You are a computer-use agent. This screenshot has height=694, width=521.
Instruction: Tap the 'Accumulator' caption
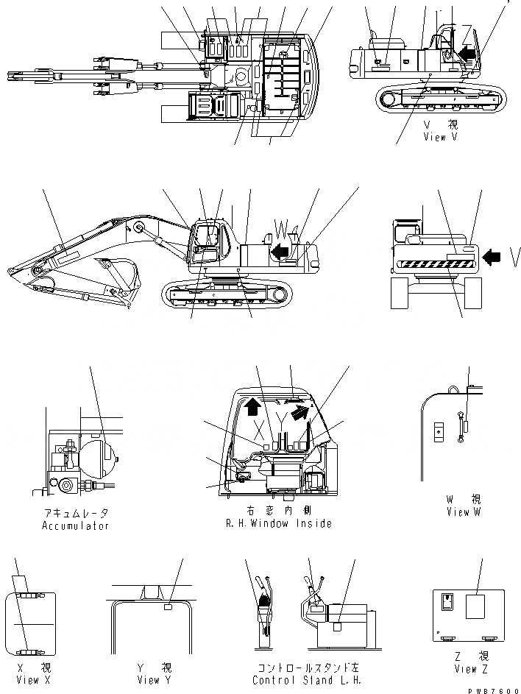click(77, 525)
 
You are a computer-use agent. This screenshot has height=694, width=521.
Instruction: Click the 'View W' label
click(464, 511)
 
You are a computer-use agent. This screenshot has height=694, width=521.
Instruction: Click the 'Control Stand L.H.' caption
click(307, 680)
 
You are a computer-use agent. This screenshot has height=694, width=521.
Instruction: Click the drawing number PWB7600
click(497, 690)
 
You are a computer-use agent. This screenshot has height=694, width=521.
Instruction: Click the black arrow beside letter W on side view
click(278, 252)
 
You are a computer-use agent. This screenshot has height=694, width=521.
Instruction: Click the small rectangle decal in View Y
click(169, 608)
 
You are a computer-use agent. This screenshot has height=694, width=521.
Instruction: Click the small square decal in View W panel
click(439, 431)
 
